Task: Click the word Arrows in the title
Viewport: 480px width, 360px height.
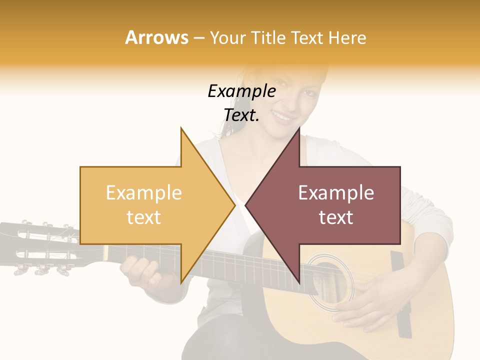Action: click(x=156, y=37)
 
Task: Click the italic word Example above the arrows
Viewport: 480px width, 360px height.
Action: click(x=241, y=91)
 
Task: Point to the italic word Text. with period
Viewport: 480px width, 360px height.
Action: click(x=241, y=115)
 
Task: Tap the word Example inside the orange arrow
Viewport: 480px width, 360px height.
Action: click(x=143, y=193)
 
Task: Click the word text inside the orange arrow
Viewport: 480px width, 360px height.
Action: click(x=143, y=217)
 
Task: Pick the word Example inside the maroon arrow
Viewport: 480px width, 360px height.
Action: click(x=336, y=193)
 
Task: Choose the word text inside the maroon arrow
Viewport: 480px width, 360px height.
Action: click(x=336, y=217)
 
